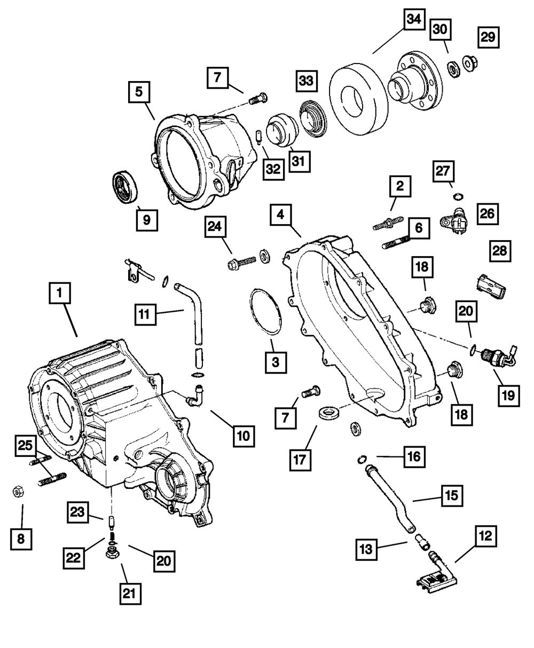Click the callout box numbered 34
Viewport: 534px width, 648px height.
pyautogui.click(x=414, y=19)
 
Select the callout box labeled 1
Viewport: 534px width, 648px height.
pyautogui.click(x=60, y=293)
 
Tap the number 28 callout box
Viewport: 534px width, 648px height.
pyautogui.click(x=500, y=251)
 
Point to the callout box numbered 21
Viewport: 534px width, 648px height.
pyautogui.click(x=130, y=594)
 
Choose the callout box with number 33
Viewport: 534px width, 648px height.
pyautogui.click(x=307, y=81)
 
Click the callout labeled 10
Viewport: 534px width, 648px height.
pyautogui.click(x=244, y=436)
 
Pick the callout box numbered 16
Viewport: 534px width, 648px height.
pyautogui.click(x=414, y=457)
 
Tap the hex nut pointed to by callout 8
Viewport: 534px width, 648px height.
pyautogui.click(x=18, y=492)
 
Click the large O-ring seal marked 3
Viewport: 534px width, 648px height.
pyautogui.click(x=266, y=312)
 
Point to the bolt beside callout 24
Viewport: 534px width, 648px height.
pyautogui.click(x=241, y=262)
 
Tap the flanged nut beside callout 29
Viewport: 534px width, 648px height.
pyautogui.click(x=470, y=64)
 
